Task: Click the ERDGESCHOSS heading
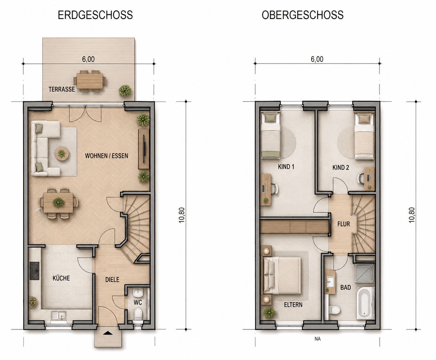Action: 95,15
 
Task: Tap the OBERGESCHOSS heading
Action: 303,15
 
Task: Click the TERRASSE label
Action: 62,89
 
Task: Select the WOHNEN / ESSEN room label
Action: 106,156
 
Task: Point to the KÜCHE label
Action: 61,278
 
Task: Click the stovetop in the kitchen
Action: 34,271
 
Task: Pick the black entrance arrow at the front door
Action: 108,333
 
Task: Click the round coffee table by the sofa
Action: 62,153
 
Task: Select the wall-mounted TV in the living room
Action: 144,149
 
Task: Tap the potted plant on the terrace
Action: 125,90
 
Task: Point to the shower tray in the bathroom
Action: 364,273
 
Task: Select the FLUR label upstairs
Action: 343,224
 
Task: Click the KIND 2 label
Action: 341,167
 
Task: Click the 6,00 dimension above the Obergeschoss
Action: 317,59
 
